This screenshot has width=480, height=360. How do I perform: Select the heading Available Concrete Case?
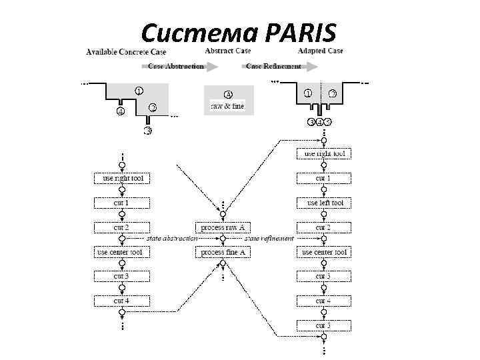[126, 52]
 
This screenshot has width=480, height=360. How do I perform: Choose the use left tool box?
[324, 203]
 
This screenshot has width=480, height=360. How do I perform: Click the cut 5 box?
[324, 325]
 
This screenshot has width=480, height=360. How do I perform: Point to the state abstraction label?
[172, 238]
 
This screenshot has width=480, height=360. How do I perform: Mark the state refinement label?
[269, 238]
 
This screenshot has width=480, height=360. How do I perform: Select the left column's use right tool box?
[122, 179]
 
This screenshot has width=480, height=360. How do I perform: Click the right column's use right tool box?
[324, 154]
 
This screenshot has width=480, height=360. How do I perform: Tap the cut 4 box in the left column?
[122, 301]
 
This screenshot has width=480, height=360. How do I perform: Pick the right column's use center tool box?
[324, 252]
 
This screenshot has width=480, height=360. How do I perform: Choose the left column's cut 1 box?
[122, 203]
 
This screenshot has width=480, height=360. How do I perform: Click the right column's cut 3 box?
[324, 276]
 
